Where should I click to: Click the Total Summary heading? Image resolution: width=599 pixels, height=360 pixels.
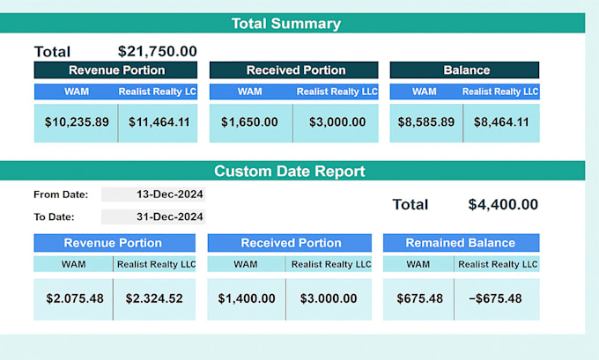286,23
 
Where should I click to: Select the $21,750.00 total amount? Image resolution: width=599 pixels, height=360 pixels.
158,51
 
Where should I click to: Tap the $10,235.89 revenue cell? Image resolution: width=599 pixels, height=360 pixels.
76,123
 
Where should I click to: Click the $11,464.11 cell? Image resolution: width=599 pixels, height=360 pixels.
159,123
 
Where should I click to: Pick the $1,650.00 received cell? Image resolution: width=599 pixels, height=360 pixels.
251,123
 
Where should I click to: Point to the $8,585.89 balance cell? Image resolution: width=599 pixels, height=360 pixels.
426,123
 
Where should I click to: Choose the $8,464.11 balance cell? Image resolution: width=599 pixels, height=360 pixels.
501,123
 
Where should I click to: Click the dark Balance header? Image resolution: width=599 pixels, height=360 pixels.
464,70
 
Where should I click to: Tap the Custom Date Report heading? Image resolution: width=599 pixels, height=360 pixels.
290,171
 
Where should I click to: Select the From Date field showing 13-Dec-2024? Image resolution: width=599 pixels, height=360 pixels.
153,195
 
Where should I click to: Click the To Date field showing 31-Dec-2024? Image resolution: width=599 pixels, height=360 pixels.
153,217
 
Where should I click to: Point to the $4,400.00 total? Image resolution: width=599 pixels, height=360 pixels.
503,204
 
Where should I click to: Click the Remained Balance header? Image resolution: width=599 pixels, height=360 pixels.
461,243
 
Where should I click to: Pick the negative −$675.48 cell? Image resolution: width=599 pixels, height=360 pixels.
497,299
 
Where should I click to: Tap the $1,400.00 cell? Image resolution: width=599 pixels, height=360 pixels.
247,299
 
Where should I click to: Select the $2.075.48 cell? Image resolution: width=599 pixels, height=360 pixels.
73,299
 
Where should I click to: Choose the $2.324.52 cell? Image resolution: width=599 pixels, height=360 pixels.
154,299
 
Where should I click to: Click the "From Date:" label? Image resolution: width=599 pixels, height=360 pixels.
61,195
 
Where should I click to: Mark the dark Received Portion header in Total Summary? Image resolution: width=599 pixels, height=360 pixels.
293,70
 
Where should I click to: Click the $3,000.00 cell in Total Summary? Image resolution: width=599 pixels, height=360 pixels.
336,123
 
